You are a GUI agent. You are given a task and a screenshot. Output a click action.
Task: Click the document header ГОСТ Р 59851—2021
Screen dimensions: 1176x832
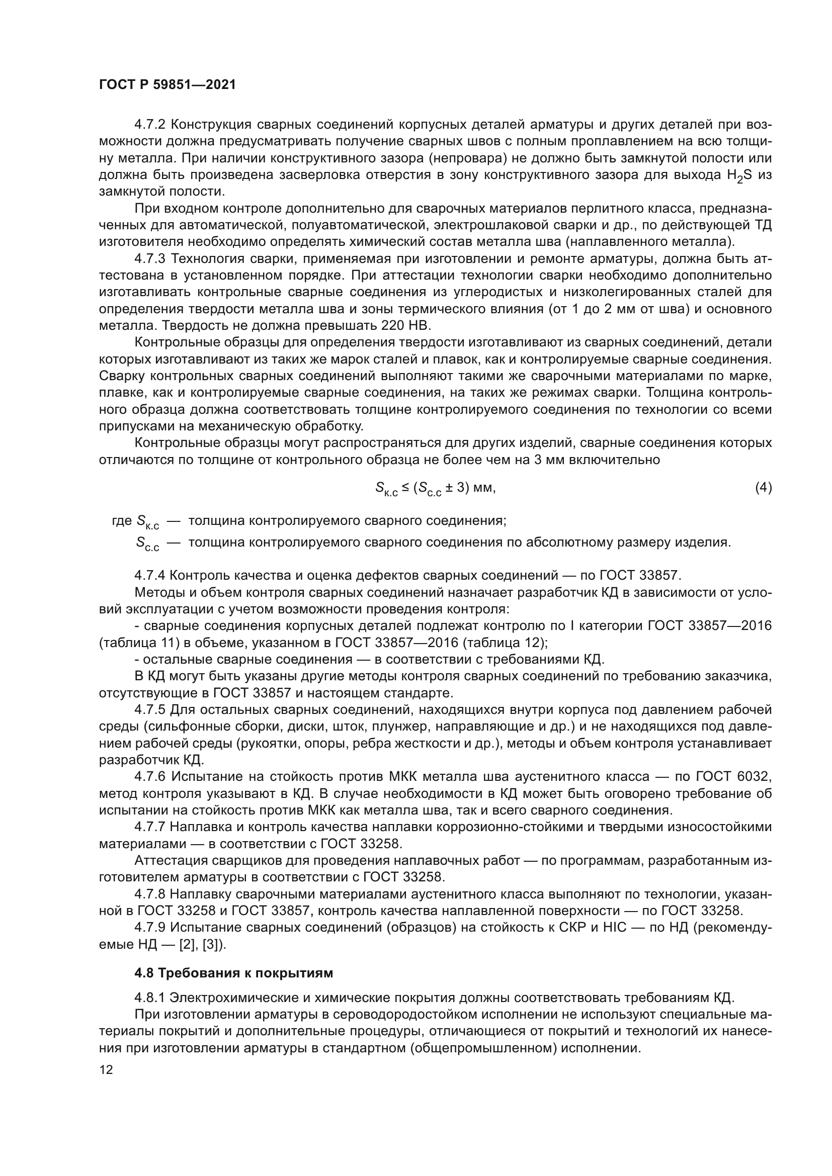168,85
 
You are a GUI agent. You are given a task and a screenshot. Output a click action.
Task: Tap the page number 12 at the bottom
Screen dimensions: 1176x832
106,1069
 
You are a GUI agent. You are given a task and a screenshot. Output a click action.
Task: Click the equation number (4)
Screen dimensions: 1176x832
763,488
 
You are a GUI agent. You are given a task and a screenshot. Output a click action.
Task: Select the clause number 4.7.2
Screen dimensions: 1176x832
150,125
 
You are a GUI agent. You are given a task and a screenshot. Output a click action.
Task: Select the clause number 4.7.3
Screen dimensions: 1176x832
150,258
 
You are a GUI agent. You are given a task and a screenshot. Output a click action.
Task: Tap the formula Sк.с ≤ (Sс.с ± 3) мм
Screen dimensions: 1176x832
436,489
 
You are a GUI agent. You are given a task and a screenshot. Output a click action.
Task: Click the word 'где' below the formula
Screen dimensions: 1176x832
122,521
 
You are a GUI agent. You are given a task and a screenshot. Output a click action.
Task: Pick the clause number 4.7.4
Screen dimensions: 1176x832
150,575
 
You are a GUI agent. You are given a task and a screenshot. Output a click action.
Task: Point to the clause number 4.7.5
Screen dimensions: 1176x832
150,709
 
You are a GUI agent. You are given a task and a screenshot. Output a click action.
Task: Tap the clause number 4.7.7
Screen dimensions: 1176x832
150,827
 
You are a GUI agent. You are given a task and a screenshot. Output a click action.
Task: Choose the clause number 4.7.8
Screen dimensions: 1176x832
150,894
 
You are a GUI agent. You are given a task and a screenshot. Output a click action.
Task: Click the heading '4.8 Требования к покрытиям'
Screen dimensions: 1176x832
233,973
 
